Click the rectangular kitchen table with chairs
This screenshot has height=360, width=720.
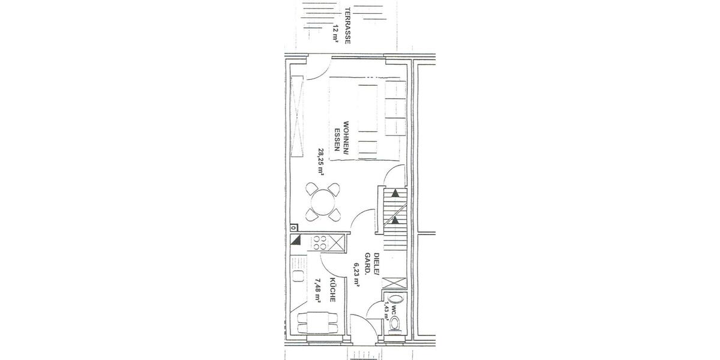tap(318, 325)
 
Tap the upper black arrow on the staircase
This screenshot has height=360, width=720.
tap(395, 193)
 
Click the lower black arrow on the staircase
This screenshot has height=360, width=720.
tap(395, 220)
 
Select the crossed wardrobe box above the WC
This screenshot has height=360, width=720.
tap(394, 283)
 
